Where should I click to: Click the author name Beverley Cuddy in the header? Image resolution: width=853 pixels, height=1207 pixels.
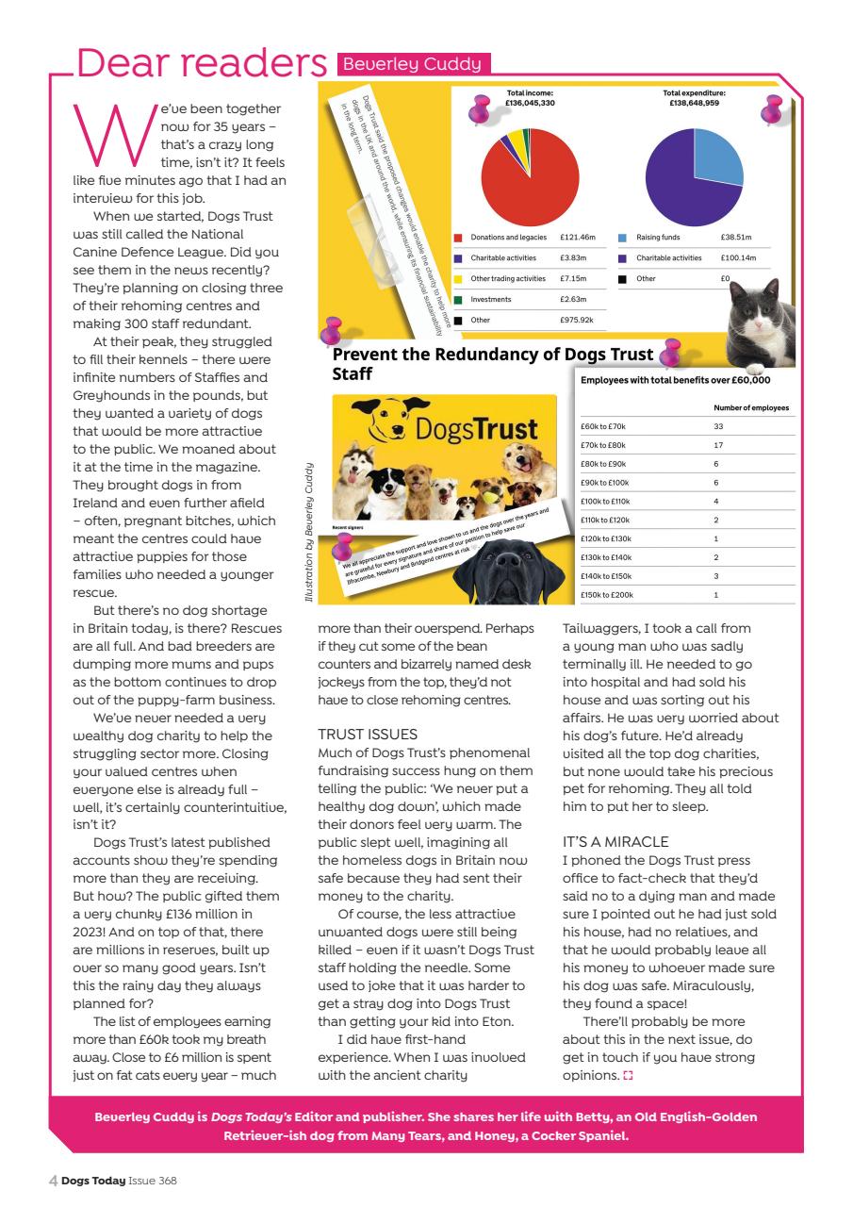413,64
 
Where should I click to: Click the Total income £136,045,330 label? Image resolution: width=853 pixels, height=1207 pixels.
530,98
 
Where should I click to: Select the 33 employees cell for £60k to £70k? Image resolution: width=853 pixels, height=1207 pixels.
719,427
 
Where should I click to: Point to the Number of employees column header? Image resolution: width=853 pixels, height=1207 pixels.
751,407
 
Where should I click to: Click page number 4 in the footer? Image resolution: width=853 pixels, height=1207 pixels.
53,1180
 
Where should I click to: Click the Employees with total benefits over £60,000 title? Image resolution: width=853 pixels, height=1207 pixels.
676,380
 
